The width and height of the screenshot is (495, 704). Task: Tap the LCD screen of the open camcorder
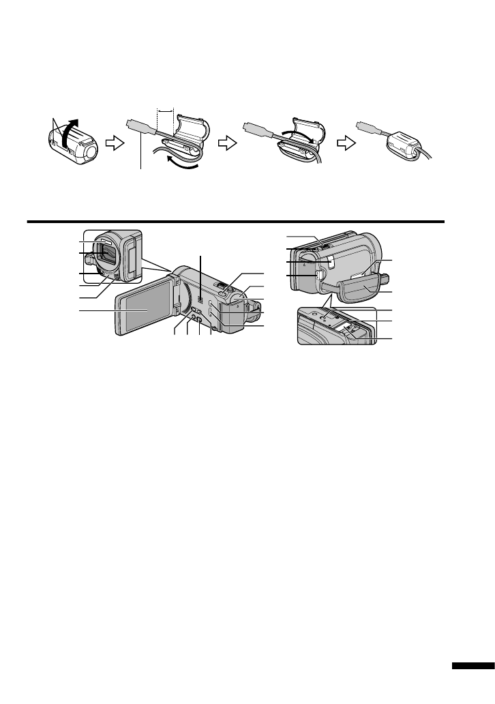[x=146, y=311]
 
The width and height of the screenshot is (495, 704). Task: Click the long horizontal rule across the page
[x=235, y=221]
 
